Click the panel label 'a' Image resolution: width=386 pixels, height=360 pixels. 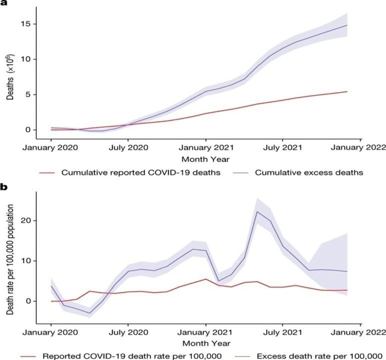(4, 3)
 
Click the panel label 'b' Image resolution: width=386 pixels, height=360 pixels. (4, 187)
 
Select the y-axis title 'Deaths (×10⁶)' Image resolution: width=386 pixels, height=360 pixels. (10, 77)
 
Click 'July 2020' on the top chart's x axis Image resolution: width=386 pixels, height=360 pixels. (128, 148)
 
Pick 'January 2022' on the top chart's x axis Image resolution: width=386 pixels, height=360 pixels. (358, 148)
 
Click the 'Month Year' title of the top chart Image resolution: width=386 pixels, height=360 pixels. (205, 159)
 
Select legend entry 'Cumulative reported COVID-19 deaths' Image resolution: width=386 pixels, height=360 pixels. (141, 172)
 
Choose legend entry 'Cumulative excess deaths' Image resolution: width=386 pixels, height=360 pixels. (309, 172)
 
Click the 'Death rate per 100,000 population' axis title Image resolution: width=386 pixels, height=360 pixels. (10, 260)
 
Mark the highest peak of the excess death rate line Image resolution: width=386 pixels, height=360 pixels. (257, 211)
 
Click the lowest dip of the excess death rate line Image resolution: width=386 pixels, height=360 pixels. (89, 313)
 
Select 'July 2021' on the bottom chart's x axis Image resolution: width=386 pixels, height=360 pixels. (282, 332)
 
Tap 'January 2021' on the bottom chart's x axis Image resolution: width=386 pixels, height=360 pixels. (205, 332)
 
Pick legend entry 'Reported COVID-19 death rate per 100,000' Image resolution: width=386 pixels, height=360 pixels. (132, 356)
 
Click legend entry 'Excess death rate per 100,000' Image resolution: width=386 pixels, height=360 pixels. (319, 356)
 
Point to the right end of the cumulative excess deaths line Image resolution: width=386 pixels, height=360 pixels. (347, 25)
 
